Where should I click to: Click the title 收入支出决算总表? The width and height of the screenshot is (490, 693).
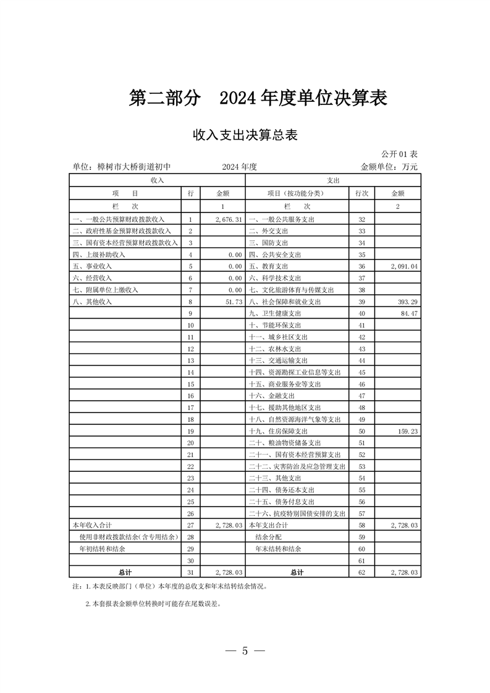(x=245, y=135)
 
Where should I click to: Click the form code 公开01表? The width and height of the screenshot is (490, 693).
(x=400, y=154)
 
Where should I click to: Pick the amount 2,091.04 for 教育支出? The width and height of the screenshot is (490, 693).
(x=405, y=266)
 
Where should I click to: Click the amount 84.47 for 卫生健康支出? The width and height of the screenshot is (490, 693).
(x=410, y=313)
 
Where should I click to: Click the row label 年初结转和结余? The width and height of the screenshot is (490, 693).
(x=101, y=548)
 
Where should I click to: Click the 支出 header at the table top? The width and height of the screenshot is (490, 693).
(x=333, y=180)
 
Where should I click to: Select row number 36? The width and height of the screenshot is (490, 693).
(x=361, y=266)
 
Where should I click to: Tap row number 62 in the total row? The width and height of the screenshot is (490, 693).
(x=361, y=573)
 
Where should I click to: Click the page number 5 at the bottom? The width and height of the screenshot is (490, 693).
(x=245, y=651)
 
